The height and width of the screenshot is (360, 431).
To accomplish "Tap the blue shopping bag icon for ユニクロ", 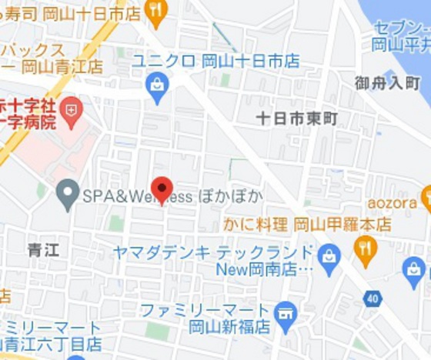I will (x=157, y=88).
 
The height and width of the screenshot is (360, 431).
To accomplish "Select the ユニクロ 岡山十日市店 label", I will (x=215, y=62).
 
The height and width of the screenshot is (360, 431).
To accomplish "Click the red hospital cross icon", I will (x=71, y=110).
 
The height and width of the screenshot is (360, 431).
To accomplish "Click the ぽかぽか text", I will (x=231, y=196).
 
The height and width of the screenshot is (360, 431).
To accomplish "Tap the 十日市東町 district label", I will (x=296, y=119).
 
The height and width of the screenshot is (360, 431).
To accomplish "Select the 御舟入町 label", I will (x=388, y=82).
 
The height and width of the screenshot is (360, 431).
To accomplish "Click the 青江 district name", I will (x=42, y=250).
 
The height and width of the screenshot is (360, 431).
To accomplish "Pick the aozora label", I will (x=392, y=203).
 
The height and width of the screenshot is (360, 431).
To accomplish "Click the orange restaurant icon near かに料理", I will (x=366, y=248).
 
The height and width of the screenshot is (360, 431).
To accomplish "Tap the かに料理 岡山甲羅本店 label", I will (x=307, y=225).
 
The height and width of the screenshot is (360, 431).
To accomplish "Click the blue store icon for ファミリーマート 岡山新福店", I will (x=286, y=312).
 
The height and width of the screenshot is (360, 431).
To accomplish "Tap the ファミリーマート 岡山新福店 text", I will (x=206, y=318).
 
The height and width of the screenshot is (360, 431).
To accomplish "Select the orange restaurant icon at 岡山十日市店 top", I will (x=156, y=12).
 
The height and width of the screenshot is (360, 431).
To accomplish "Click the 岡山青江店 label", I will (x=62, y=66).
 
